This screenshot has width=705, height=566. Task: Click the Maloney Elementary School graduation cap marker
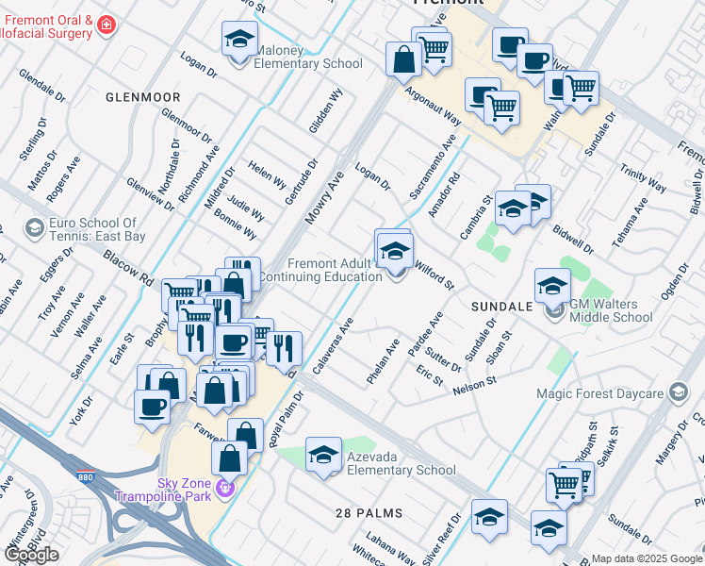pyautogui.click(x=239, y=41)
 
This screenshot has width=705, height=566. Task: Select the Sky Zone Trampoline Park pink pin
pyautogui.click(x=223, y=488)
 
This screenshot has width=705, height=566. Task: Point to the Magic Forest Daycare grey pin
pyautogui.click(x=678, y=392)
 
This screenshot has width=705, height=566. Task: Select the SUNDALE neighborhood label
pyautogui.click(x=501, y=308)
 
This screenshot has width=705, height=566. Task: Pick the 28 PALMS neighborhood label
pyautogui.click(x=369, y=513)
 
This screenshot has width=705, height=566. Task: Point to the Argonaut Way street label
pyautogui.click(x=433, y=108)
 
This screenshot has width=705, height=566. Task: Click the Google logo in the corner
pyautogui.click(x=31, y=555)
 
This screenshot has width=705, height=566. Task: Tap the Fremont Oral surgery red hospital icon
pyautogui.click(x=107, y=23)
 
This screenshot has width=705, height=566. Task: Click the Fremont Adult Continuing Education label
pyautogui.click(x=320, y=270)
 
